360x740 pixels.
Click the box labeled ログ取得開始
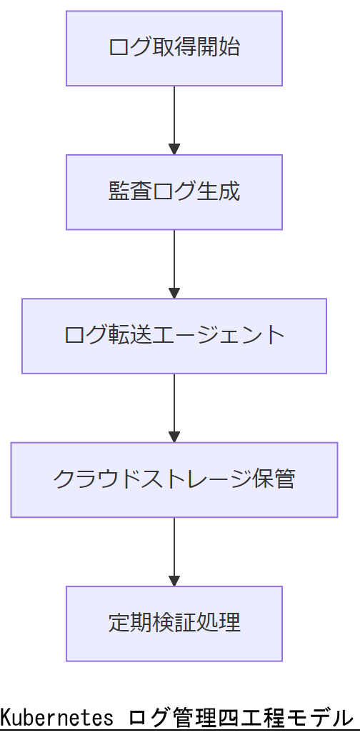174,49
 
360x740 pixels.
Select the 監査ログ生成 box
174,192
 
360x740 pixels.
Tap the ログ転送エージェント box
174,336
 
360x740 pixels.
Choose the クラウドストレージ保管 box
174,479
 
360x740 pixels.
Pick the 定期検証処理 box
174,624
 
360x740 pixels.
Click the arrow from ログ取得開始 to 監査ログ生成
174,118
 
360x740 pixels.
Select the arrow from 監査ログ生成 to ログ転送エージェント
174,261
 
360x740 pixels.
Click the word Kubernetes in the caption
56,717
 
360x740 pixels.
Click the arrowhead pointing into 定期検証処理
174,580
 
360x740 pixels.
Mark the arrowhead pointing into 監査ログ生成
174,149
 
